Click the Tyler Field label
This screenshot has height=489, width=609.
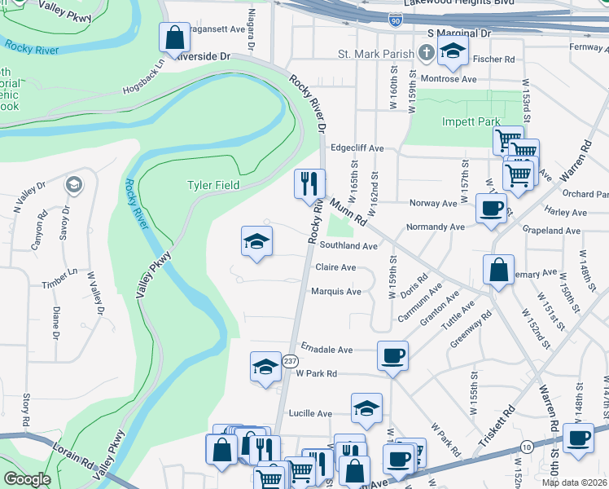tap(213, 185)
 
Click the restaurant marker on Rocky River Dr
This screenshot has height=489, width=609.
tap(309, 183)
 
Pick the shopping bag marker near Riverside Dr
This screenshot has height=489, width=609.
tap(173, 37)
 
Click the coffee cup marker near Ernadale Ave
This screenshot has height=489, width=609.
tap(392, 356)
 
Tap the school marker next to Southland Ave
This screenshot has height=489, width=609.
tap(256, 241)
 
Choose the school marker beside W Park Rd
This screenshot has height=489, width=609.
tap(265, 367)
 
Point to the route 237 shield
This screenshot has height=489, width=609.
tap(290, 360)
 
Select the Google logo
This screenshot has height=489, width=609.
tap(26, 479)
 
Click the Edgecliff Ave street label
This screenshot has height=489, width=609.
tap(357, 148)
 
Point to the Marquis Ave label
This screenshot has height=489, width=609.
tap(335, 291)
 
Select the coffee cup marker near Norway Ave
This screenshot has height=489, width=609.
tap(491, 209)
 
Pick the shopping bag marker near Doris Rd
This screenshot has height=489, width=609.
tap(498, 270)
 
